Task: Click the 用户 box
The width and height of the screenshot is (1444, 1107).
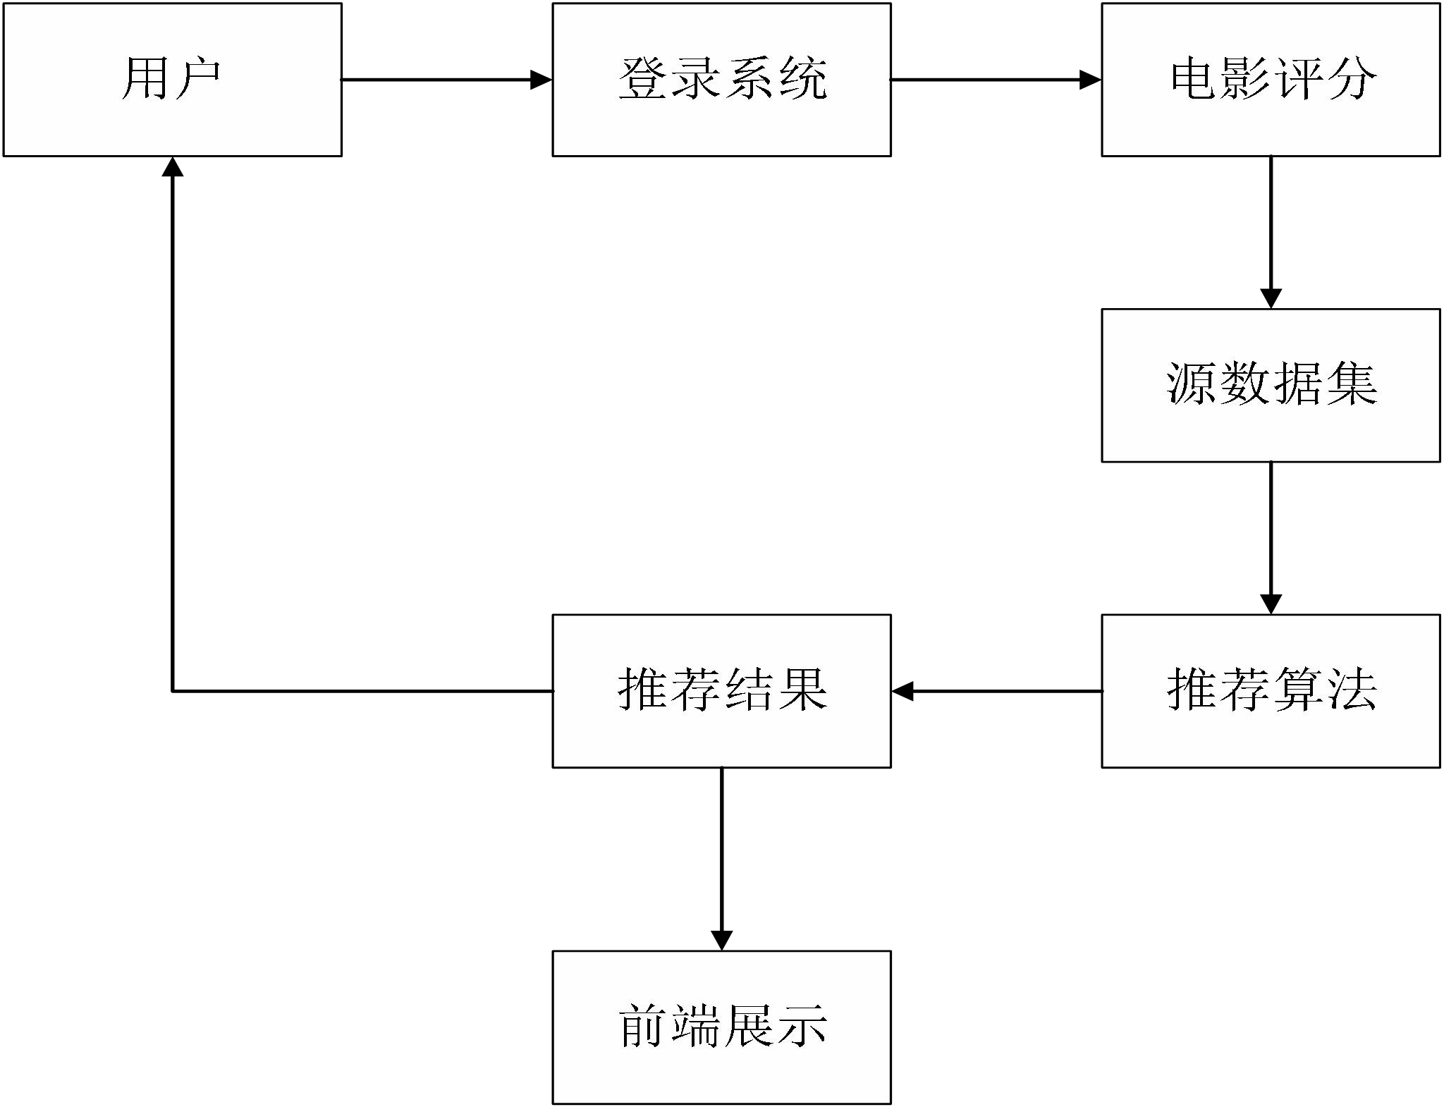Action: pyautogui.click(x=172, y=79)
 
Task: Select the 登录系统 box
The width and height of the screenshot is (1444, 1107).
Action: pyautogui.click(x=721, y=79)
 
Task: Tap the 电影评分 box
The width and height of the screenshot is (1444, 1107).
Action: pyautogui.click(x=1271, y=79)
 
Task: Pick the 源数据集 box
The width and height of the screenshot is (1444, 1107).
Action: pyautogui.click(x=1271, y=385)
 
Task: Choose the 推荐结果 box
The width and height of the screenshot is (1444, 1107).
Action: pyautogui.click(x=721, y=690)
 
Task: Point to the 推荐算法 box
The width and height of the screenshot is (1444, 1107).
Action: pyautogui.click(x=1271, y=690)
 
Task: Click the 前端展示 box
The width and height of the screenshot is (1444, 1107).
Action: pyautogui.click(x=721, y=1027)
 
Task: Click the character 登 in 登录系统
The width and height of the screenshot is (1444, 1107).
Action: pyautogui.click(x=643, y=78)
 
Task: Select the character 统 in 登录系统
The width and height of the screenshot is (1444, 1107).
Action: pyautogui.click(x=801, y=78)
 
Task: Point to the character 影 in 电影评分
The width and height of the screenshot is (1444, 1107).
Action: pyautogui.click(x=1246, y=78)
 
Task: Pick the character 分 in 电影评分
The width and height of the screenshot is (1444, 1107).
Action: pyautogui.click(x=1350, y=78)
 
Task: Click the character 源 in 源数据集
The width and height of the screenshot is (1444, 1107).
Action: pyautogui.click(x=1192, y=384)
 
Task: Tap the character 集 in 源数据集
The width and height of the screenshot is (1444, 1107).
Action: pyautogui.click(x=1350, y=384)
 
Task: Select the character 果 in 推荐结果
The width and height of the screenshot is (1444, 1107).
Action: pyautogui.click(x=801, y=689)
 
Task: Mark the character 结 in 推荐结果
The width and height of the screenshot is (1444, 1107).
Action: pyautogui.click(x=748, y=689)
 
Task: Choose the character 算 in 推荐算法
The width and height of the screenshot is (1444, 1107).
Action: pyautogui.click(x=1298, y=689)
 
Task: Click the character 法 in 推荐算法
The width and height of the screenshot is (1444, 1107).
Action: pyautogui.click(x=1350, y=689)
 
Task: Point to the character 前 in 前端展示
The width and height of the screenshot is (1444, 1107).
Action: pyautogui.click(x=643, y=1026)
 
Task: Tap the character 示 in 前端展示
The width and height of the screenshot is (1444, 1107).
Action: pyautogui.click(x=801, y=1026)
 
